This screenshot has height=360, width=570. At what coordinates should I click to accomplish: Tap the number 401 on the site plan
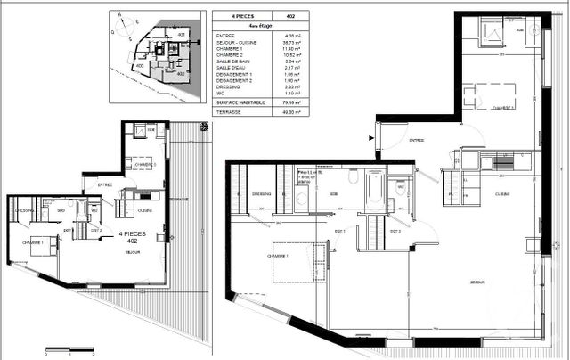click(183, 35)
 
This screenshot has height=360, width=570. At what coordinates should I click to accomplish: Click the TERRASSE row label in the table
click(228, 112)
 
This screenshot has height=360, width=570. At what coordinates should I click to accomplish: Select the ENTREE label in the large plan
click(416, 141)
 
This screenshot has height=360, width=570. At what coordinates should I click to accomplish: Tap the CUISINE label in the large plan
click(501, 193)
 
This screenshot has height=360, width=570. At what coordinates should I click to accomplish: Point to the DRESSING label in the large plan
click(261, 193)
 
